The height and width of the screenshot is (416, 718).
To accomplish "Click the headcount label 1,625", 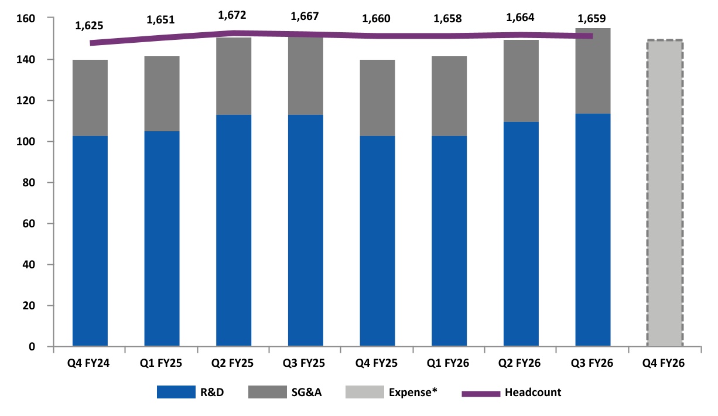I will pos(90,26).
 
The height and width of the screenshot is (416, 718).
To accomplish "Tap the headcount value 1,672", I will pos(233,13).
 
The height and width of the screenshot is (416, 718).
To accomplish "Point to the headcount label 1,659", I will pos(592,18).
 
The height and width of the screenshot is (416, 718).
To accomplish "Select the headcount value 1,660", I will pos(376,19).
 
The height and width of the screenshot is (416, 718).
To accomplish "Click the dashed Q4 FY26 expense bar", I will pos(664,193).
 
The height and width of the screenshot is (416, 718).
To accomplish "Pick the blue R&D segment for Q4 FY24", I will pos(90,240).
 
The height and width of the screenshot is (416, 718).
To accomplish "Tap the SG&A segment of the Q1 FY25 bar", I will pos(162,94).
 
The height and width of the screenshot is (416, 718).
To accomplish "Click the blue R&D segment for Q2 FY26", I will pos(521,234).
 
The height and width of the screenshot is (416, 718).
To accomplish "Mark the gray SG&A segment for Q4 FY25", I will pos(377,98).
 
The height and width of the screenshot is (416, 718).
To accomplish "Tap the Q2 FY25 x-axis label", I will pos(233,363).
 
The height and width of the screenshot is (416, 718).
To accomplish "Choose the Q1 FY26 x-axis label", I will pos(449,363).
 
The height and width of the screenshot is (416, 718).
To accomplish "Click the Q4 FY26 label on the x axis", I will pos(664,363).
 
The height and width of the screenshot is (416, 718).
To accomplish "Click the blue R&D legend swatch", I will pos(176,393).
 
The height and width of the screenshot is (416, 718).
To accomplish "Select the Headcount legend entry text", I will pos(532,393).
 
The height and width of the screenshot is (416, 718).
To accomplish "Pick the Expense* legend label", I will pos(413,393).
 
